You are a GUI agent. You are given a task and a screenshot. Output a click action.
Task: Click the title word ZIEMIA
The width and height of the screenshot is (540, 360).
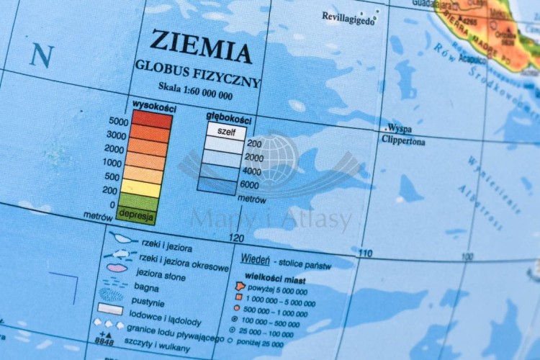tap(201, 48)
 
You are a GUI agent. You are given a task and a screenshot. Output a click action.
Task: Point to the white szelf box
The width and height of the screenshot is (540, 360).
tap(226, 131)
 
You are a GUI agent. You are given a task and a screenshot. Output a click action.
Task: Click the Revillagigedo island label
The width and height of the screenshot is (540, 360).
tap(348, 19)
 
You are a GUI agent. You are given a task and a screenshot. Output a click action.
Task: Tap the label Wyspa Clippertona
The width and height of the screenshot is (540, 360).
tap(403, 135)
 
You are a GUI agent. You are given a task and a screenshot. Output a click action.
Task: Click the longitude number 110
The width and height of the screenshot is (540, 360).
tap(366, 253)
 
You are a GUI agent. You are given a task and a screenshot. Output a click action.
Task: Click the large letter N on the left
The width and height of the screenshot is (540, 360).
tap(42, 55)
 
